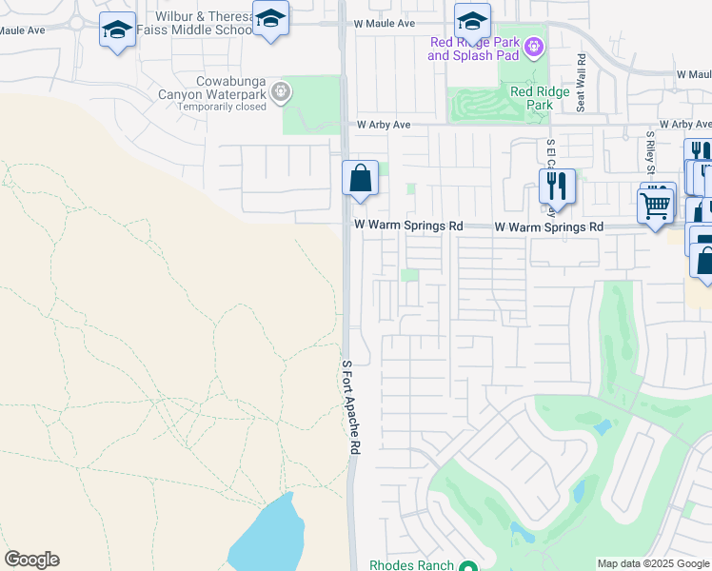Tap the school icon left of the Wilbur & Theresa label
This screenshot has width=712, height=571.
point(117,30)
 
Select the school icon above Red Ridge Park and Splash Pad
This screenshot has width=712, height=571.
point(472,20)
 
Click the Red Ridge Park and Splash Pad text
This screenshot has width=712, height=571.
point(472,49)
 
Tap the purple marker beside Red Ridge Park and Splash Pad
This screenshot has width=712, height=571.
point(534,45)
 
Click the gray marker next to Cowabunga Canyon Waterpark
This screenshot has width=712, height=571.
point(280,92)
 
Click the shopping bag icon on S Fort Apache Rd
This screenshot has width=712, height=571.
point(360,177)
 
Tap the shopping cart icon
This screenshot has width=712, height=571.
point(656,204)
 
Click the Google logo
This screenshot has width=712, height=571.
point(31,560)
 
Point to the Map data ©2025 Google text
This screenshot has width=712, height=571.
point(654,563)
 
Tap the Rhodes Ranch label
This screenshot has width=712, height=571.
point(412,564)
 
